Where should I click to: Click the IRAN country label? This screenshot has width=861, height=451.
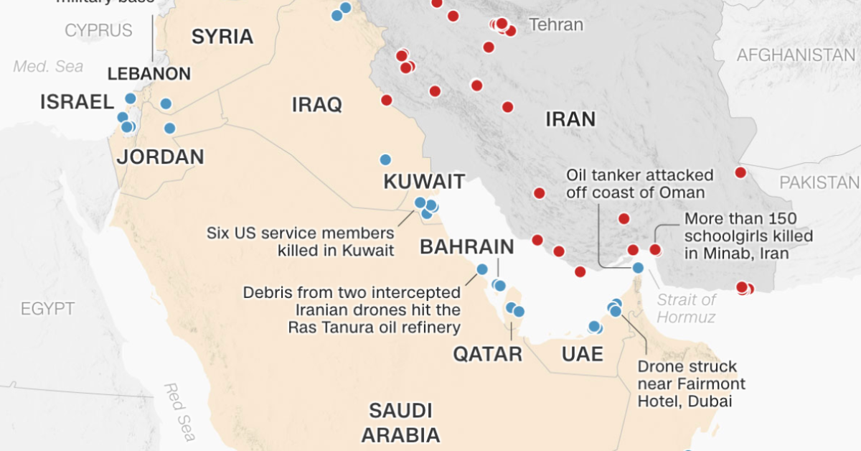[570, 118]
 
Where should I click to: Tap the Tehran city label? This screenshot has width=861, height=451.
[556, 25]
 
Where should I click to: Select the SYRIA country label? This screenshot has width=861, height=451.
[222, 37]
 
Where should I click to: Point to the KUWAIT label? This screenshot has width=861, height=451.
[424, 182]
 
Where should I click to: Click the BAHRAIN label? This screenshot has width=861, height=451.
[467, 247]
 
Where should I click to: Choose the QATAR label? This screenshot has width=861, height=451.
[487, 354]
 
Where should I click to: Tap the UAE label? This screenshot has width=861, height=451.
[582, 353]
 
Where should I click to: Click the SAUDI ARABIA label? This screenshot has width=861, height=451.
[400, 423]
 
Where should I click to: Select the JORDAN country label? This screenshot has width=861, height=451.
[161, 157]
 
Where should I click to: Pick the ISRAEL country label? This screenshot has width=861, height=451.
[77, 102]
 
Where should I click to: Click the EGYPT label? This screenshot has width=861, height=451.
[47, 310]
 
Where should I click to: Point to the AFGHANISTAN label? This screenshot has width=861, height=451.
[796, 55]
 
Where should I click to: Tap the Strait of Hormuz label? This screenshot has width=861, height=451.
[687, 308]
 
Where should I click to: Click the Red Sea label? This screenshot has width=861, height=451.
[179, 412]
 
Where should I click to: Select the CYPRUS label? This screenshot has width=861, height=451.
[98, 30]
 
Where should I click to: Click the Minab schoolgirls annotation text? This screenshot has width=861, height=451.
[748, 236]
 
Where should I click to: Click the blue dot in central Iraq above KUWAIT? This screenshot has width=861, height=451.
[385, 159]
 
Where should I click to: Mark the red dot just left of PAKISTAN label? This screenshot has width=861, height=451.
[740, 172]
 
